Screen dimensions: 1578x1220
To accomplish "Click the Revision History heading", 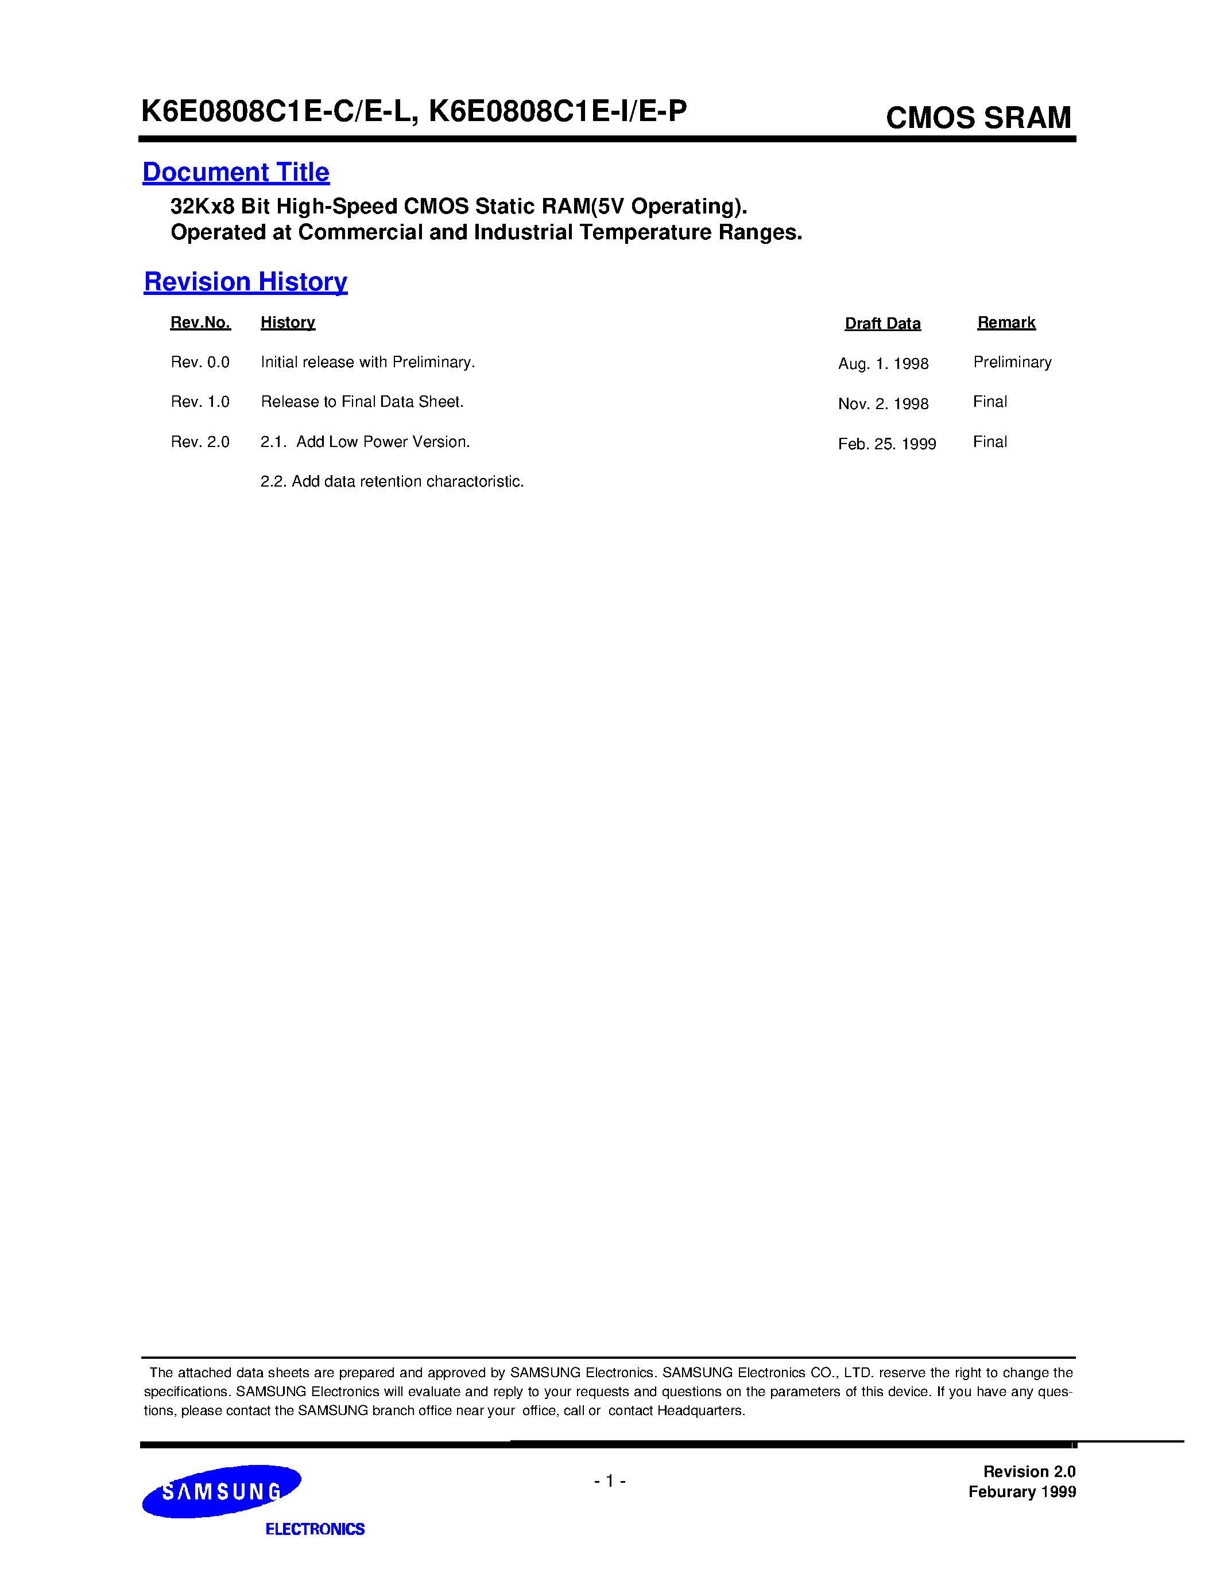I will click(x=246, y=282).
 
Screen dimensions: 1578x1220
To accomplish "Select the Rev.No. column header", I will click(x=200, y=322).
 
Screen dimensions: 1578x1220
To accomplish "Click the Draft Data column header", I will click(x=882, y=324).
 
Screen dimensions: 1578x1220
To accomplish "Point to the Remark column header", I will click(x=1006, y=322).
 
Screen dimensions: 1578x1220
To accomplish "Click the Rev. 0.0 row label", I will click(x=200, y=362).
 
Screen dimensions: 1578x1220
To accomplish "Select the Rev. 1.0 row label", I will click(x=200, y=402).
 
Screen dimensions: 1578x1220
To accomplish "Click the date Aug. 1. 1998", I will click(x=883, y=363).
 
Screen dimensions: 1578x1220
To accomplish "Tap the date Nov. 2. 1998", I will click(x=883, y=404).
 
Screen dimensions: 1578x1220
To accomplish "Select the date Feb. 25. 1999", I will click(x=887, y=444).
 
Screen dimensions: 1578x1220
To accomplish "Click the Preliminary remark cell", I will click(x=1012, y=362).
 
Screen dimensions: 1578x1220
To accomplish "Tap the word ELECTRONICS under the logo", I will click(x=315, y=1529).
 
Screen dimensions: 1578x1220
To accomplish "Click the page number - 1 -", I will click(x=610, y=1481).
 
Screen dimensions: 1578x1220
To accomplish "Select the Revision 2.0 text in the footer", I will click(x=1029, y=1472).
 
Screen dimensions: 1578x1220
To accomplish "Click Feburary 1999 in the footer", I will click(x=1022, y=1492).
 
